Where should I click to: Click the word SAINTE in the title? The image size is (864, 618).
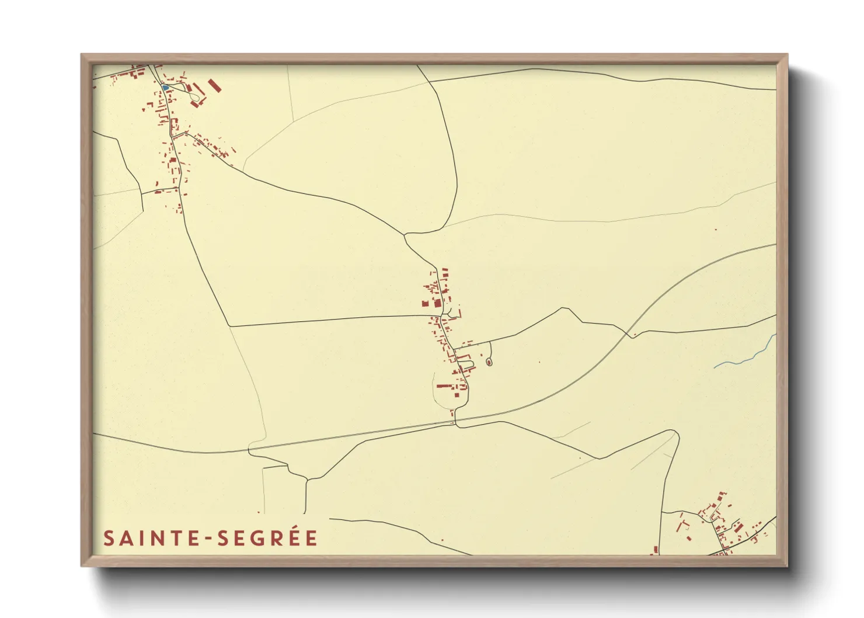[x=151, y=538]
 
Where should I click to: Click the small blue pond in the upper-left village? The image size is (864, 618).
[x=165, y=88]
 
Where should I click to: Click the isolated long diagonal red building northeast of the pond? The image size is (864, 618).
[x=215, y=86]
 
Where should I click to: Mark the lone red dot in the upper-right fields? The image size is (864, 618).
[x=715, y=230]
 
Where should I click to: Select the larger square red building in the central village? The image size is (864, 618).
[x=435, y=303]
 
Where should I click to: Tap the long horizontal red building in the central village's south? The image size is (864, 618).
[x=444, y=386]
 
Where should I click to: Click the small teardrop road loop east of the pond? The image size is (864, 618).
[x=190, y=89]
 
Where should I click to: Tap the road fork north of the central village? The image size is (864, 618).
[x=406, y=235]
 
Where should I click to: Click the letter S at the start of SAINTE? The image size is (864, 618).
[x=109, y=538]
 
